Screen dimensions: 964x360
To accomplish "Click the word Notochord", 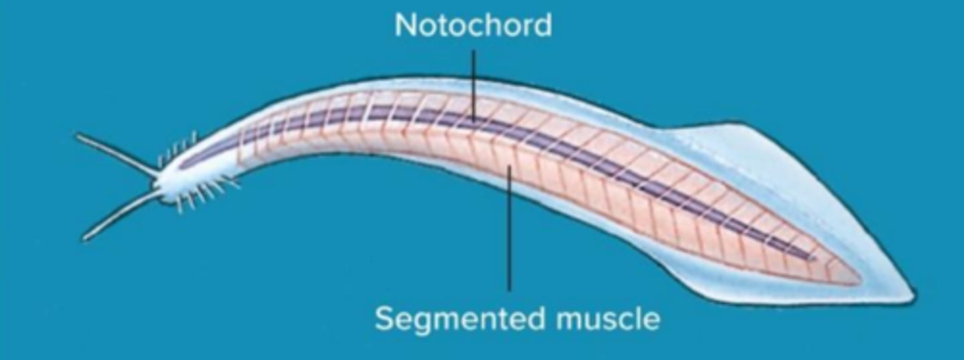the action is (x=473, y=25).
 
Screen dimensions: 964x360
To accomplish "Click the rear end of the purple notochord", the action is (x=813, y=257).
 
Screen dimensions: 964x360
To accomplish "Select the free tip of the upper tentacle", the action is (x=78, y=137).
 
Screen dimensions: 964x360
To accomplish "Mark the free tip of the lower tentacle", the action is (x=84, y=238).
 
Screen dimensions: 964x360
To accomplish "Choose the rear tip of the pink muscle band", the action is (x=859, y=278).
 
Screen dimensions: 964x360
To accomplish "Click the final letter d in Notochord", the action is (x=543, y=25).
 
